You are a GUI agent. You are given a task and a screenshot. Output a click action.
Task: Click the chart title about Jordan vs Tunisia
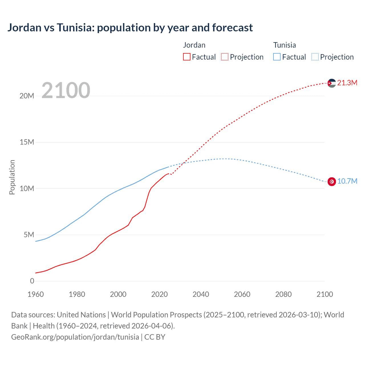click(130, 28)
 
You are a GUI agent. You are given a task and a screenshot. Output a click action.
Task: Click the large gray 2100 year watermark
click(66, 90)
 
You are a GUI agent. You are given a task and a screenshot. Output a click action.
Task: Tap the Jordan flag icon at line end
click(332, 83)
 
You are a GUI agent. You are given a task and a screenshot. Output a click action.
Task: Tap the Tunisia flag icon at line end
click(332, 181)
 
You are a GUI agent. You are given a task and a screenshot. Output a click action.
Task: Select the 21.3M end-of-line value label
click(347, 83)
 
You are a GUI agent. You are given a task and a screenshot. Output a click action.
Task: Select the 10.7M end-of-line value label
click(347, 181)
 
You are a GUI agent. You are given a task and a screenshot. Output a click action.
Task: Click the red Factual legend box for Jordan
click(187, 57)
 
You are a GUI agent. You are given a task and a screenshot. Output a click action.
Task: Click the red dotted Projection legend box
click(225, 57)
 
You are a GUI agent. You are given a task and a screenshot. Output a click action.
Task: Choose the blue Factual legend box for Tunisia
click(277, 57)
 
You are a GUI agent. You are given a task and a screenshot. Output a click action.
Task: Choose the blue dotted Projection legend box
click(315, 57)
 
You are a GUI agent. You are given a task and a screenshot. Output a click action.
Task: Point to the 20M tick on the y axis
click(27, 96)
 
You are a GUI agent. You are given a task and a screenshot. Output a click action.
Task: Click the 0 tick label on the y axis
click(32, 281)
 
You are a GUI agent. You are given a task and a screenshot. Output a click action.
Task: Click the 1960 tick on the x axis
click(36, 294)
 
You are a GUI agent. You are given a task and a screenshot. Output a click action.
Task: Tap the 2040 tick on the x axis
click(201, 294)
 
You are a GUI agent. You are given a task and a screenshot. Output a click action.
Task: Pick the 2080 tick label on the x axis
click(283, 294)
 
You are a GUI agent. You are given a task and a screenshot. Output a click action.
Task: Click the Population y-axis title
click(12, 177)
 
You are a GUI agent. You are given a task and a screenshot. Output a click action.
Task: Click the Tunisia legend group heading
click(285, 45)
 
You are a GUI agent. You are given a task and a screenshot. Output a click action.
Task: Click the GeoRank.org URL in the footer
click(75, 337)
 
